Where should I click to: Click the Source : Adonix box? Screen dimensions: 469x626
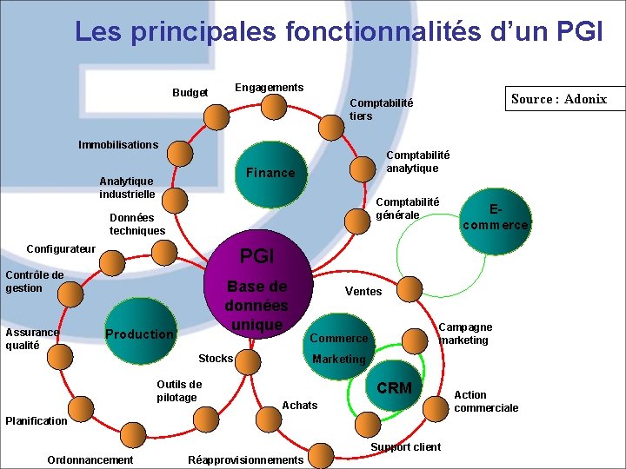pos(559,99)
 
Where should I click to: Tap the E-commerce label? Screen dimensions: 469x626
pos(496,217)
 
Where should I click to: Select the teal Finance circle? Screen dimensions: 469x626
pos(270,173)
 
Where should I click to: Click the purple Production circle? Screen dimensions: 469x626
pos(139,334)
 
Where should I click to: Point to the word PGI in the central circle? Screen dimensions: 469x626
pos(256,256)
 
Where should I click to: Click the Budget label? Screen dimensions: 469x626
pos(190,93)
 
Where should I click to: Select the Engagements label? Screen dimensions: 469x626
pos(269,88)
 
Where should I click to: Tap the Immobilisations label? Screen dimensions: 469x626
pos(118,144)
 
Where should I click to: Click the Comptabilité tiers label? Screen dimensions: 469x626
pos(381,109)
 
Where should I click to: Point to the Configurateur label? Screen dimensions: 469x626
pos(61,249)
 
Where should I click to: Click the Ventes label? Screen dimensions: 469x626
pos(363,292)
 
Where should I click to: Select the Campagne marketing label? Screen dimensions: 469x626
pos(464,334)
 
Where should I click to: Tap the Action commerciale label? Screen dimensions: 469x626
pos(485,401)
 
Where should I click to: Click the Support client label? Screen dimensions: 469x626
pos(405,447)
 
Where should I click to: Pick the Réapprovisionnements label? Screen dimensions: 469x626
pos(245,459)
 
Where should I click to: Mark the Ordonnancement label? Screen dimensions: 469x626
pos(90,459)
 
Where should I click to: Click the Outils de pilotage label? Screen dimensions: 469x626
pos(178,391)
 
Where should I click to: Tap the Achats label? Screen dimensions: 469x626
pos(300,406)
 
